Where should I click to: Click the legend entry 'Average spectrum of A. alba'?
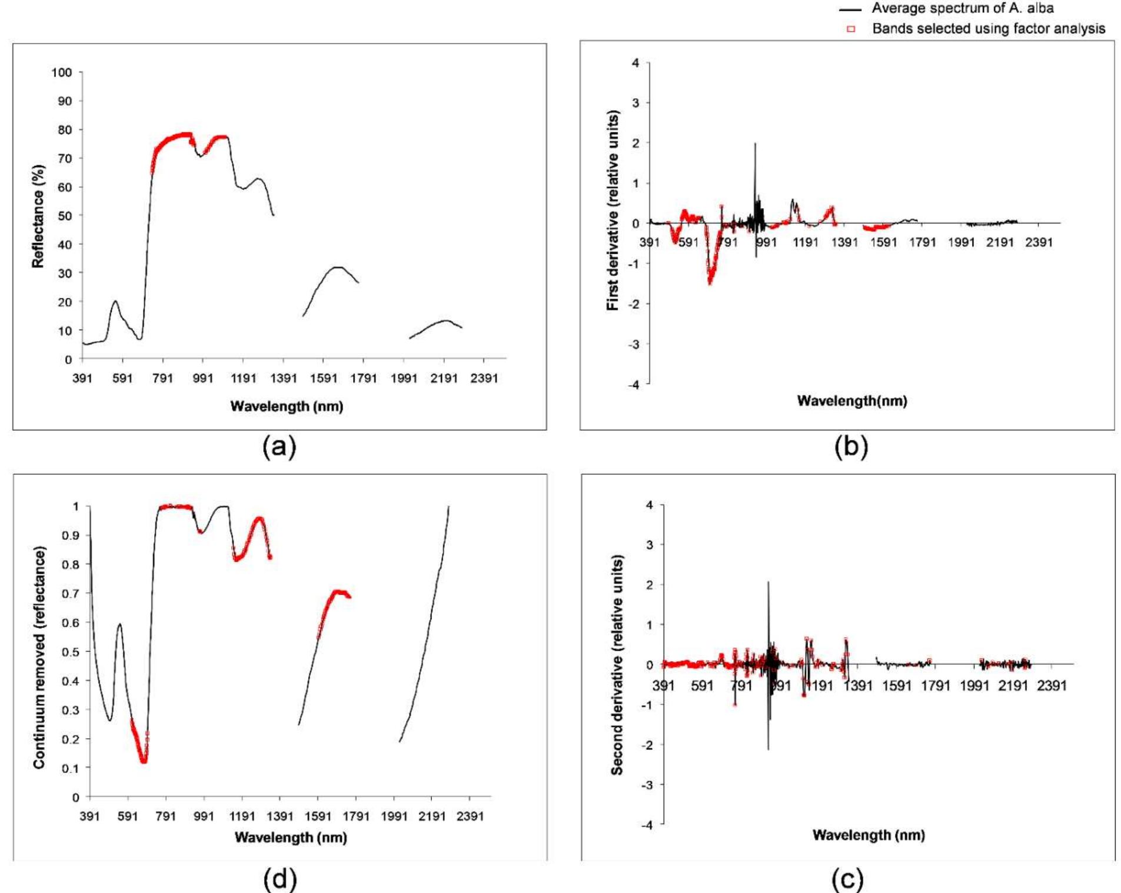pyautogui.click(x=962, y=8)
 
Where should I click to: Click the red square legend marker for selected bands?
pyautogui.click(x=851, y=29)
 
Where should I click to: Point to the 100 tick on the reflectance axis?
pyautogui.click(x=62, y=72)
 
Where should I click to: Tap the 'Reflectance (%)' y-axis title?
pyautogui.click(x=38, y=216)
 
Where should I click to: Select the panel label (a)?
pyautogui.click(x=280, y=447)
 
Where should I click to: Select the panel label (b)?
pyautogui.click(x=851, y=447)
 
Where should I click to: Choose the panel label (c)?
pyautogui.click(x=848, y=879)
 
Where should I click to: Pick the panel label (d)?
pyautogui.click(x=280, y=879)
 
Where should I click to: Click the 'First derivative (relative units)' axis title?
pyautogui.click(x=613, y=210)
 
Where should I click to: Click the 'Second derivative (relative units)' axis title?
pyautogui.click(x=617, y=665)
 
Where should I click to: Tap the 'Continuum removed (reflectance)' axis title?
pyautogui.click(x=39, y=657)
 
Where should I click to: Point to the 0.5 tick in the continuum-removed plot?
pyautogui.click(x=71, y=652)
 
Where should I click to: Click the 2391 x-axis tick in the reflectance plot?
pyautogui.click(x=484, y=378)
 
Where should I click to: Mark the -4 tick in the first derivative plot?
pyautogui.click(x=634, y=384)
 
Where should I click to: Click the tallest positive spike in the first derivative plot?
pyautogui.click(x=755, y=144)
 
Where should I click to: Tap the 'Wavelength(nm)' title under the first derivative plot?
pyautogui.click(x=851, y=401)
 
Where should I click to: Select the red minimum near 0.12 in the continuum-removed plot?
pyautogui.click(x=143, y=761)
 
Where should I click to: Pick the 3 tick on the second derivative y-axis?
pyautogui.click(x=649, y=545)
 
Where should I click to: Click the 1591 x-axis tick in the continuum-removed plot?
pyautogui.click(x=318, y=817)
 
